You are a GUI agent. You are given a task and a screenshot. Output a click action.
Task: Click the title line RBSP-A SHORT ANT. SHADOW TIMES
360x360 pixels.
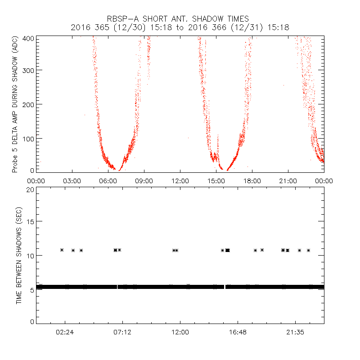(x=180, y=19)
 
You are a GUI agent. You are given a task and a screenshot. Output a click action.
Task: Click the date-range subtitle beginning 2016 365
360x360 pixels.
(x=180, y=27)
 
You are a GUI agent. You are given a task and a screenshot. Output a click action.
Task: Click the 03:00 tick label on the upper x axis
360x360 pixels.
(x=72, y=181)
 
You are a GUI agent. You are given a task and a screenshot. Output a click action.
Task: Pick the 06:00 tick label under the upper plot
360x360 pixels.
(x=108, y=181)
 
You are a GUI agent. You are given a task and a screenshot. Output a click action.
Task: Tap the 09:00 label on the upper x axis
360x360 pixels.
(x=144, y=181)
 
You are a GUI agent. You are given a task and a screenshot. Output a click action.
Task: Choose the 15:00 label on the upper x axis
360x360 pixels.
(x=216, y=181)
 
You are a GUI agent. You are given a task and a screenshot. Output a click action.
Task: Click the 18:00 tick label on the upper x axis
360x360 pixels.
(x=252, y=181)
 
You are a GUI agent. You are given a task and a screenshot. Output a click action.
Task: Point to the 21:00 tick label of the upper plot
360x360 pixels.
(x=288, y=181)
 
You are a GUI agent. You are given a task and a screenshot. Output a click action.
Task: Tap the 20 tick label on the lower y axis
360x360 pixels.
(x=30, y=189)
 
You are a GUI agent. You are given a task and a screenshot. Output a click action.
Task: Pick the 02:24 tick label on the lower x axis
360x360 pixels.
(x=65, y=332)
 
